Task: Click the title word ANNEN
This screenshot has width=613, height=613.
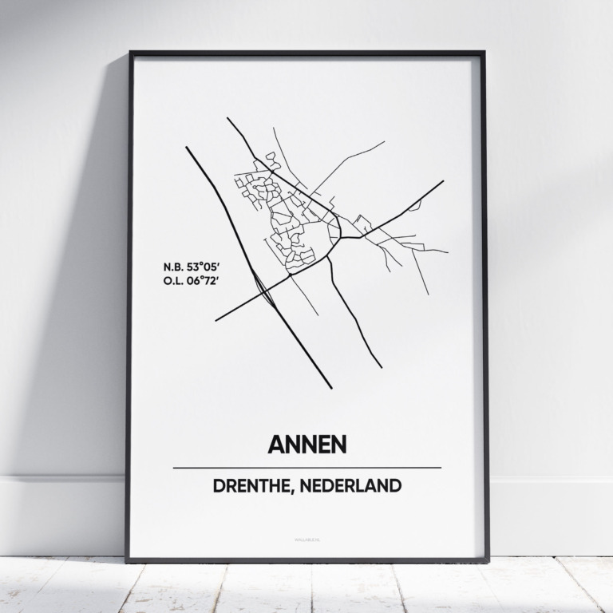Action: point(306,444)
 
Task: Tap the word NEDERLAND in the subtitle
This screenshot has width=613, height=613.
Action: point(356,485)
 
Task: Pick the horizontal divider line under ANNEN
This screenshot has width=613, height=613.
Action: point(306,468)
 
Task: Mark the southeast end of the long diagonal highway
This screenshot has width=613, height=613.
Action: point(331,388)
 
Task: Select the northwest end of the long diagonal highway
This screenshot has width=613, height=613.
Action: point(187,147)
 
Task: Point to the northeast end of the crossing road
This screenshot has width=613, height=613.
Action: point(442,181)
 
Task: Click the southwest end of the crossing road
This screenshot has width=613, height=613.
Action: point(216,320)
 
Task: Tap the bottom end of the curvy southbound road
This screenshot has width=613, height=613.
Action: point(381,367)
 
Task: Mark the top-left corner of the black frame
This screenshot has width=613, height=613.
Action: point(130,53)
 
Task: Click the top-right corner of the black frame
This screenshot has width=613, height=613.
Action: point(484,53)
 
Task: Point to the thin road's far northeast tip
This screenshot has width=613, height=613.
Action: point(384,142)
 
